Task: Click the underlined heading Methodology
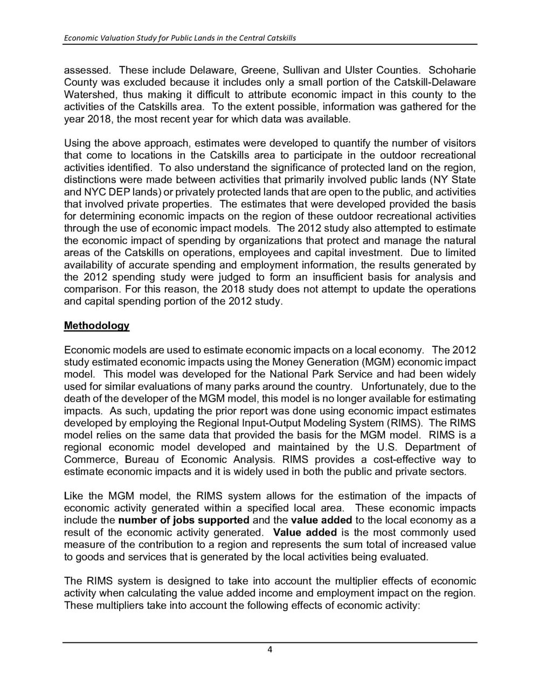pyautogui.click(x=97, y=326)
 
